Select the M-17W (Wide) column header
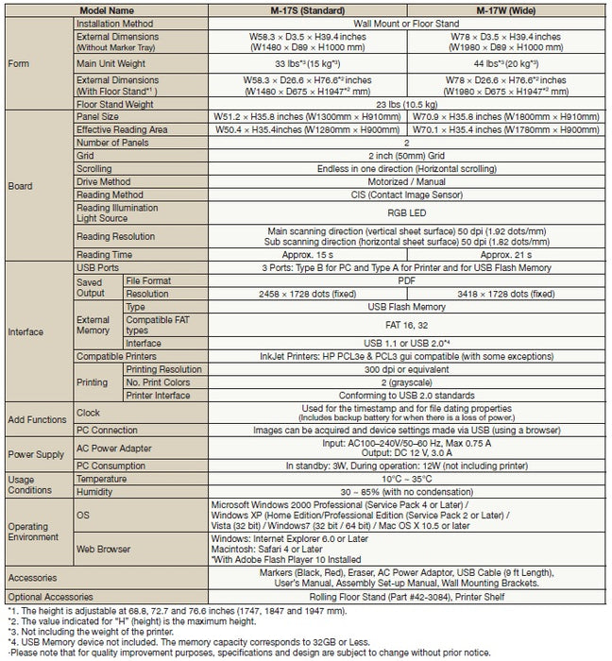[x=507, y=8]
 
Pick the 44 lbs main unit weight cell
[x=507, y=63]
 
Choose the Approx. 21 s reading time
[x=507, y=253]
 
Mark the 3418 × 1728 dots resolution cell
[x=507, y=294]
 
